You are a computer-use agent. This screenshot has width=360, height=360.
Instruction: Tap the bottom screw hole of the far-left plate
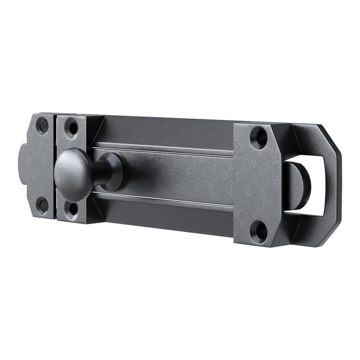pyautogui.click(x=42, y=205)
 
